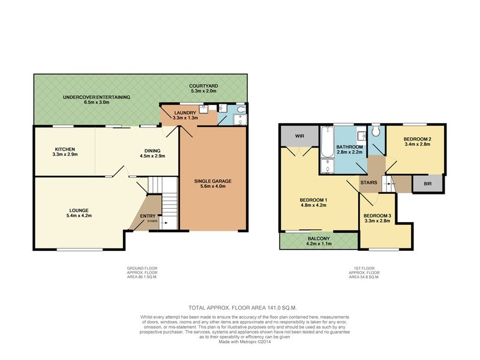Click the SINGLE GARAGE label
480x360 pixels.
coord(212,181)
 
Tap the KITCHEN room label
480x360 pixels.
coord(64,148)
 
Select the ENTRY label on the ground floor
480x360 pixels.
coord(148,216)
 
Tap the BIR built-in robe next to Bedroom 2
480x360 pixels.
coord(427,183)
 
